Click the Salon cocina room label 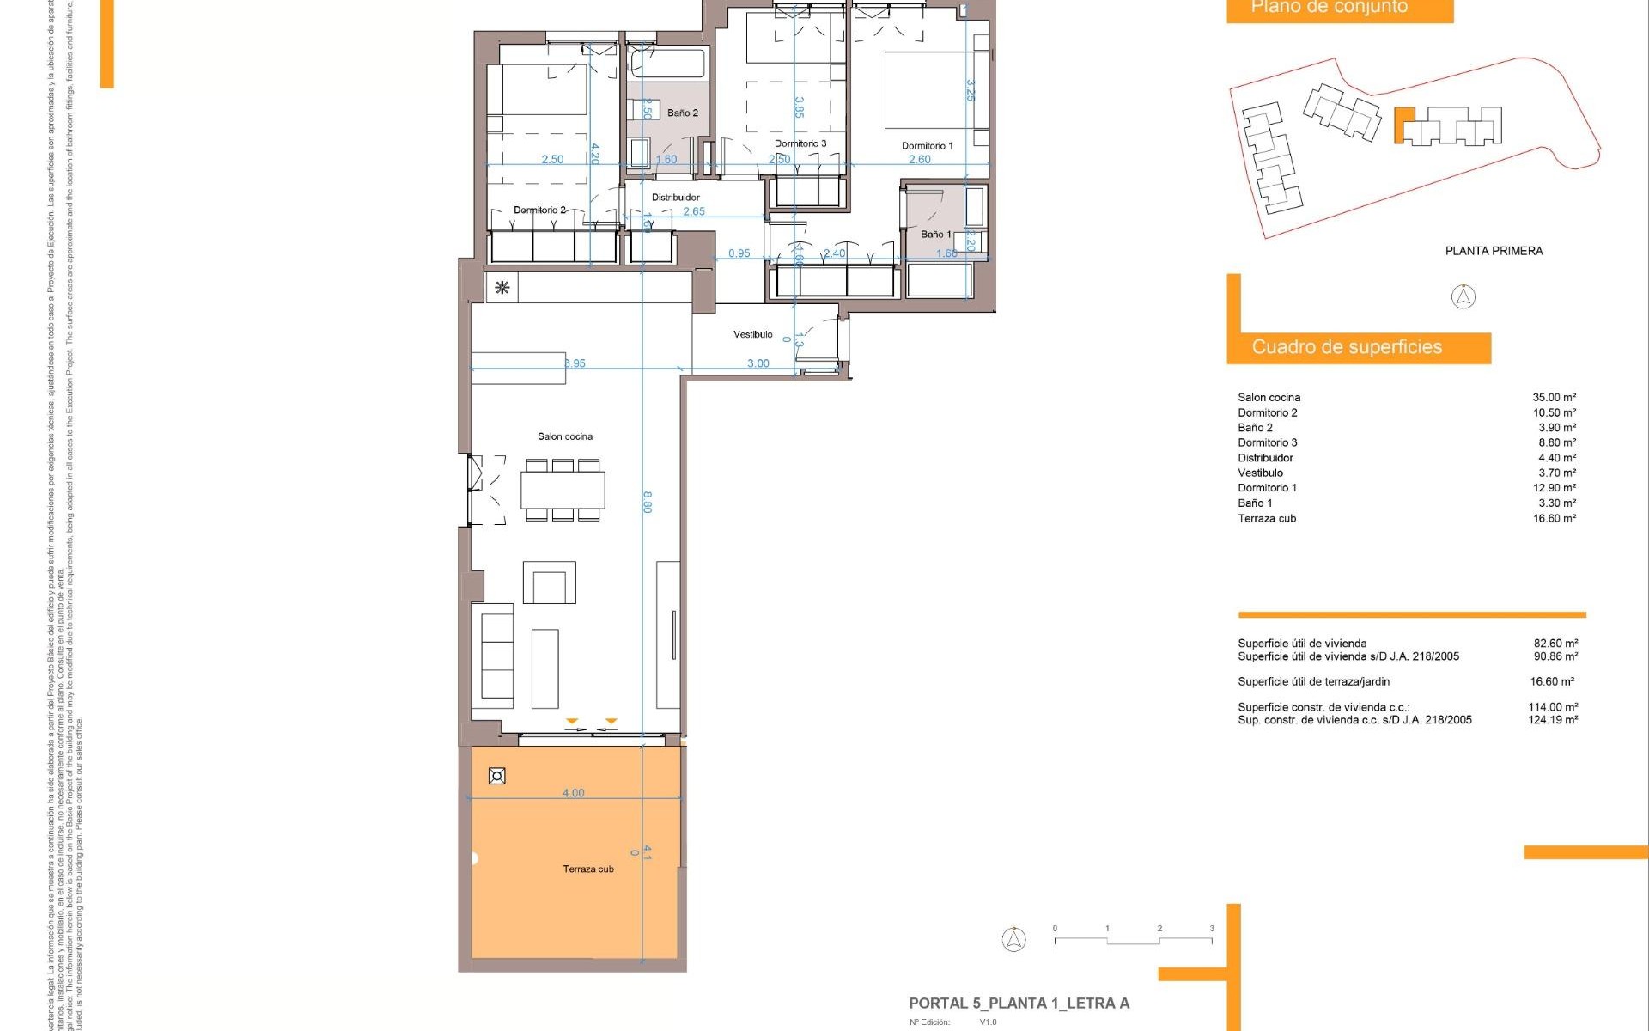565,436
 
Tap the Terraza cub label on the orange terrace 588,869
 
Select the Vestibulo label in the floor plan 752,334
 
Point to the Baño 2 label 683,113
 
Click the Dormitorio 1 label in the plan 927,146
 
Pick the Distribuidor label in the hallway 675,198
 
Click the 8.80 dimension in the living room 648,502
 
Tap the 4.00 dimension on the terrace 573,793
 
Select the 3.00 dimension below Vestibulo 758,363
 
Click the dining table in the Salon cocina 563,490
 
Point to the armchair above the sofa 549,583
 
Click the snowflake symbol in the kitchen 502,288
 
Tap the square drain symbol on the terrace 496,776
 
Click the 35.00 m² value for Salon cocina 1554,398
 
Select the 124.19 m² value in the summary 1552,720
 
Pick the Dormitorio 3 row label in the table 1267,442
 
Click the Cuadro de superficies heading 1346,347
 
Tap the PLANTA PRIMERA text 1494,251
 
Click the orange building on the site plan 1403,125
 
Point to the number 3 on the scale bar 1211,929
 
